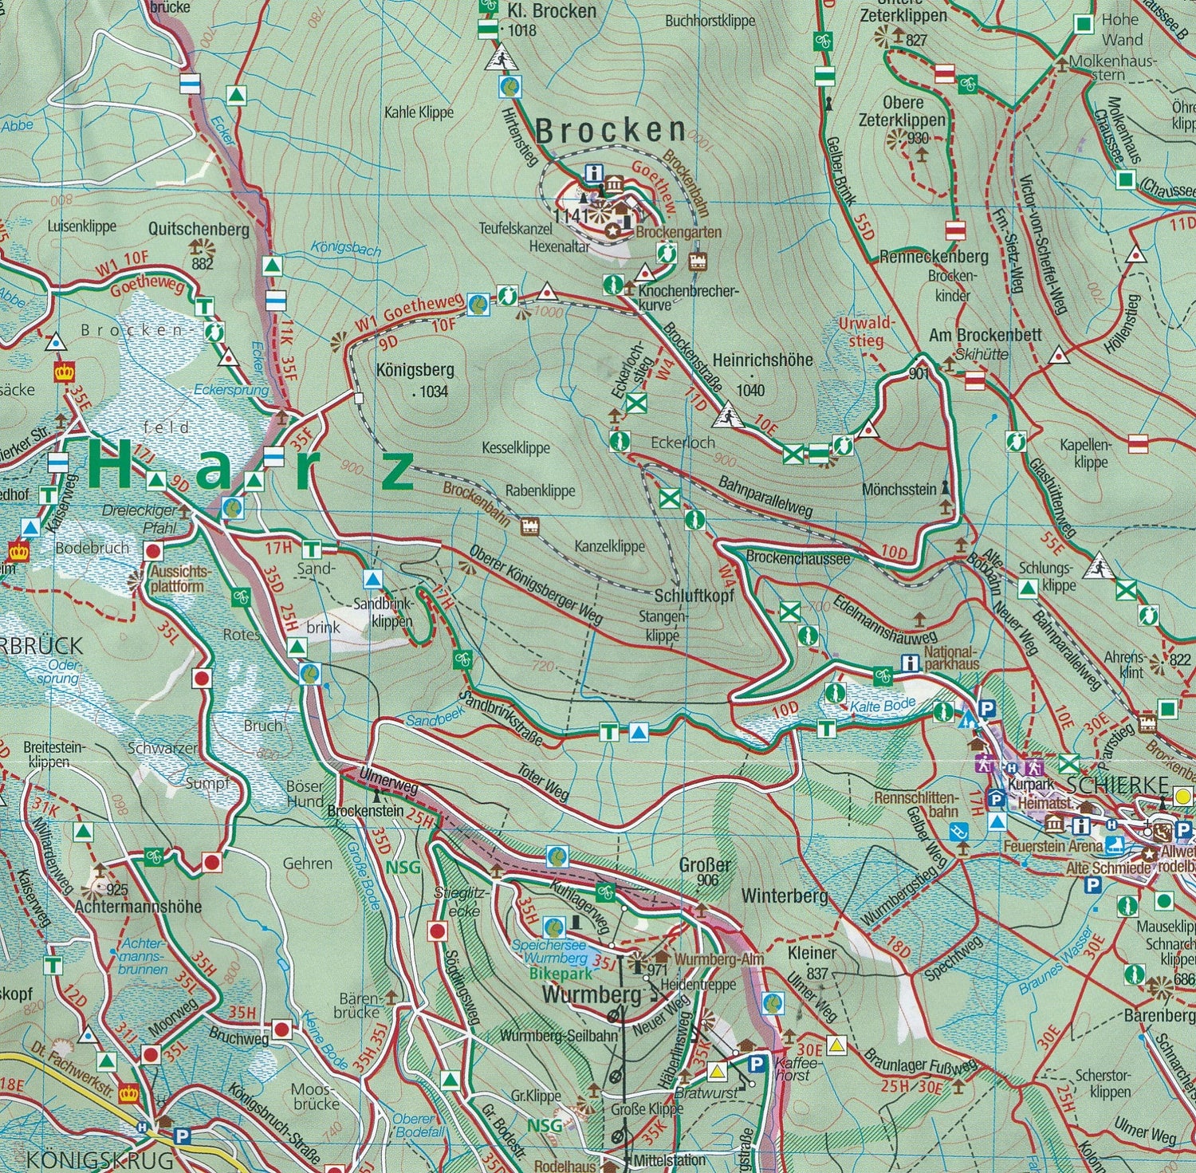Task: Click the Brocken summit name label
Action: point(610,131)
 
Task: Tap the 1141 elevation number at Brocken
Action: point(570,215)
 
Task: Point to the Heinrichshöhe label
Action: point(762,360)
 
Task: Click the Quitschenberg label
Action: point(199,230)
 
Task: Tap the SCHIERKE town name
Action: point(1116,783)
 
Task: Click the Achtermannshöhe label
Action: point(138,907)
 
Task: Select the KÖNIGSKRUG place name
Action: point(100,1159)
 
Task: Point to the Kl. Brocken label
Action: point(552,11)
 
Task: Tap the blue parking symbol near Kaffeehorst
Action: point(757,1063)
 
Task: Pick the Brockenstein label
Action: point(365,811)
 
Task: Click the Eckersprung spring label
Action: point(231,391)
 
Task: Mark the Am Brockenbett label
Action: point(985,335)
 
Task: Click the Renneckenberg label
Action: point(933,257)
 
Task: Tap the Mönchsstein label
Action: point(899,489)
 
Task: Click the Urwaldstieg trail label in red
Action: point(867,332)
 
